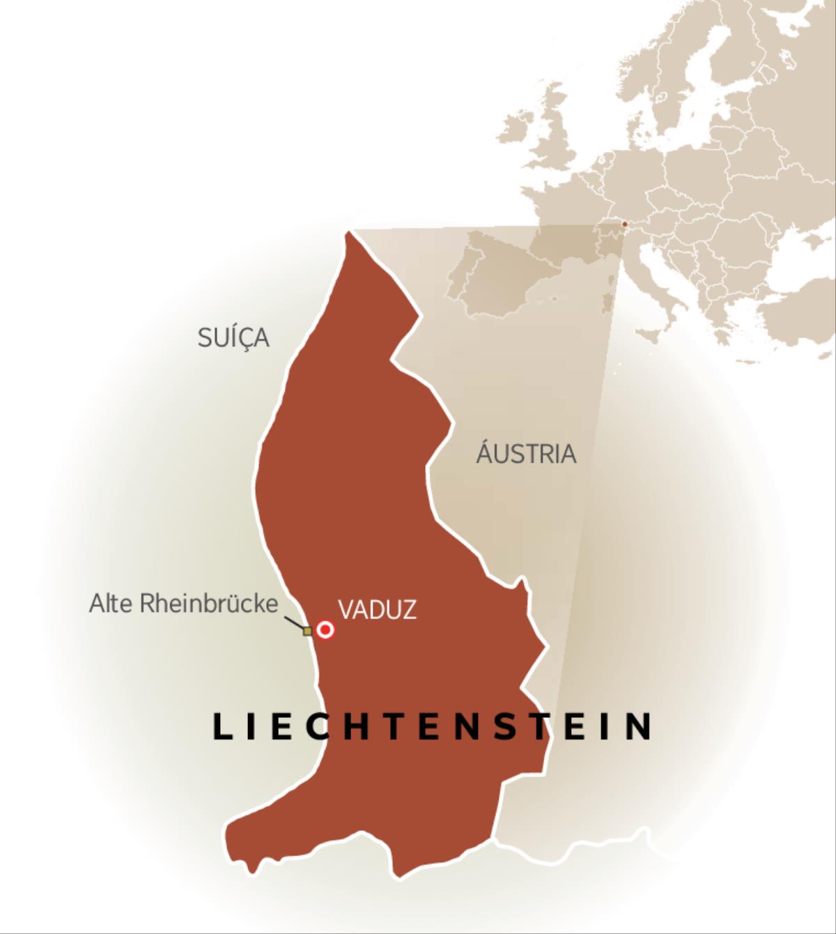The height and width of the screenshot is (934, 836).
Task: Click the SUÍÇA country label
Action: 233,338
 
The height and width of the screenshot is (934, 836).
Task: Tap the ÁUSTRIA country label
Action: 526,454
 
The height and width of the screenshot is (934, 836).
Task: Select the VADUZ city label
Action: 377,610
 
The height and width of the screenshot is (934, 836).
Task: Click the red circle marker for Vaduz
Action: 325,630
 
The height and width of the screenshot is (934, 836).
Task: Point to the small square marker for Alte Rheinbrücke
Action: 307,631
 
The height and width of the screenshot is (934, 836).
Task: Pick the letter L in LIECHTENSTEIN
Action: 222,726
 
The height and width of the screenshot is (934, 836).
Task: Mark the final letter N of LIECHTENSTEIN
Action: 639,726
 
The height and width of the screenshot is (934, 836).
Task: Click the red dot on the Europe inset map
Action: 624,224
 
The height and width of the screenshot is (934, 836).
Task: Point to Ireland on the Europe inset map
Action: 517,131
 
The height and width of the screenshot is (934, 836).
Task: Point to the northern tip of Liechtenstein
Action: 348,233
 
